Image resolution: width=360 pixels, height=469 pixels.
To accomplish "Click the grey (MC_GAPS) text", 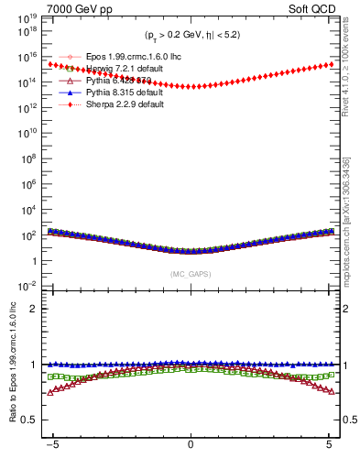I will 191,274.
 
